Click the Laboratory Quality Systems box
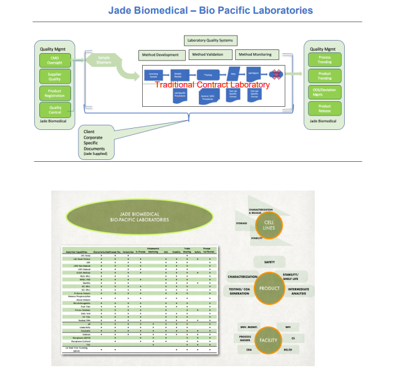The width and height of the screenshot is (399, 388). click(x=209, y=41)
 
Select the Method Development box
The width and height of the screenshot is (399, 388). click(x=160, y=55)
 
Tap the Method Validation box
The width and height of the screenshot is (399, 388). click(x=209, y=55)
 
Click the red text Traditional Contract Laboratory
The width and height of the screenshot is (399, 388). click(x=212, y=84)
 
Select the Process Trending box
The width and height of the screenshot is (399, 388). click(x=324, y=61)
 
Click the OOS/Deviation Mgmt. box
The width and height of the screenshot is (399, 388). click(x=324, y=92)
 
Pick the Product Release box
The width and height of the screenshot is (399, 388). click(x=324, y=109)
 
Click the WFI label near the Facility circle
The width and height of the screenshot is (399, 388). click(x=288, y=327)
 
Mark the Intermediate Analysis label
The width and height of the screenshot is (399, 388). click(x=299, y=291)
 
